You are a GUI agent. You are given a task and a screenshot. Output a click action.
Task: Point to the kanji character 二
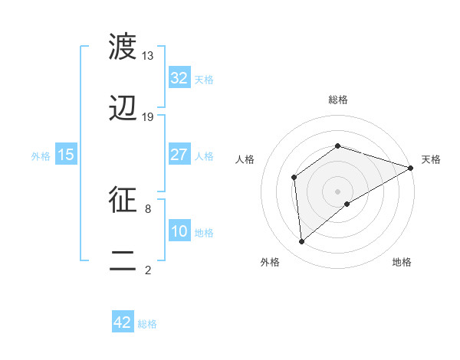pos(123,261)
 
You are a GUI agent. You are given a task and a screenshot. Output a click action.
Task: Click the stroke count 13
pos(148,56)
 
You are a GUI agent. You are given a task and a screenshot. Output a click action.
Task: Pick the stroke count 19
pos(148,117)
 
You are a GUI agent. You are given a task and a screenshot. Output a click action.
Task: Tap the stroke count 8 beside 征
pos(148,208)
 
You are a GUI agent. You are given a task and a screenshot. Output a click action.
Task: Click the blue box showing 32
pos(179,78)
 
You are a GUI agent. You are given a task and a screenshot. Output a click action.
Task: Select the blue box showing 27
pos(179,155)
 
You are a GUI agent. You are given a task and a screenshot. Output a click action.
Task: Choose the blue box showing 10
pos(179,231)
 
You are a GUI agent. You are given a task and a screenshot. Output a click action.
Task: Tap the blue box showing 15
pos(66,155)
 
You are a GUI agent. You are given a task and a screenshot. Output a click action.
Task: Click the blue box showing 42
pos(123,322)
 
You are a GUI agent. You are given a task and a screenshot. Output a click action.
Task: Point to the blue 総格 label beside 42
pos(147,324)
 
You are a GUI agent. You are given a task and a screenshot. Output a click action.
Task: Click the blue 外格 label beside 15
pos(41,155)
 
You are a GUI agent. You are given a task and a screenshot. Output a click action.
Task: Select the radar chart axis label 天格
pos(431,159)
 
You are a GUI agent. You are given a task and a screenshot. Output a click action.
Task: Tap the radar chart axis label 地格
pos(402,263)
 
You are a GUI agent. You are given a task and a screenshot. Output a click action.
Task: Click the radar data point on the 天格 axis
pos(410,168)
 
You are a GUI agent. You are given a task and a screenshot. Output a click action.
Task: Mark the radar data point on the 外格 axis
pos(302,241)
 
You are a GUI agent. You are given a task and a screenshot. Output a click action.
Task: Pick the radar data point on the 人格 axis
pos(294,178)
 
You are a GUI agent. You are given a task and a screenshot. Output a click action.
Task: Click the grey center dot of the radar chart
pos(338,191)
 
